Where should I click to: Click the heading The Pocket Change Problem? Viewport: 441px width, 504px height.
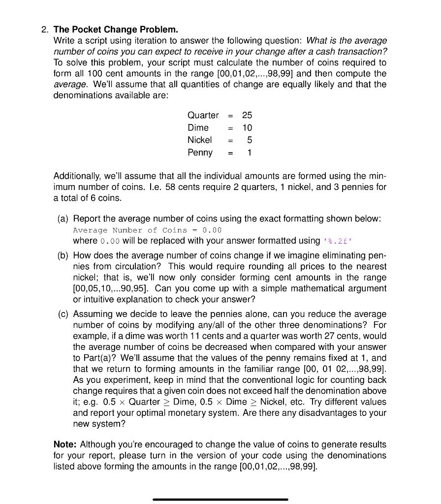116,30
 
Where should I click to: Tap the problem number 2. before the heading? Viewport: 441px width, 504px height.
45,30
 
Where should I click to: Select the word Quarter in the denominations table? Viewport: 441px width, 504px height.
203,115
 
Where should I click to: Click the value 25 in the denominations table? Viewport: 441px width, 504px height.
247,115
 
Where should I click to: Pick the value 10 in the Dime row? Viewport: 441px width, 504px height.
247,127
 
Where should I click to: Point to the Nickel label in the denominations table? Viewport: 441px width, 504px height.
199,140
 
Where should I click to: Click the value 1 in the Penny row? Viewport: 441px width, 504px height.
249,152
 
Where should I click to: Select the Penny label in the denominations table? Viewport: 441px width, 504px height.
200,153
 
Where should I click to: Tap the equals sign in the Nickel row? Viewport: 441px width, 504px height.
230,140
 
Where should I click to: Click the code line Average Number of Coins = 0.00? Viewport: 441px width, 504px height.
147,230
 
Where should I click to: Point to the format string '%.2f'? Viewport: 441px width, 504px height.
338,241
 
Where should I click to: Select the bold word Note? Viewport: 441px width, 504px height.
65,444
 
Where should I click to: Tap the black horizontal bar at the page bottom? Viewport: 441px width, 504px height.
220,499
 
